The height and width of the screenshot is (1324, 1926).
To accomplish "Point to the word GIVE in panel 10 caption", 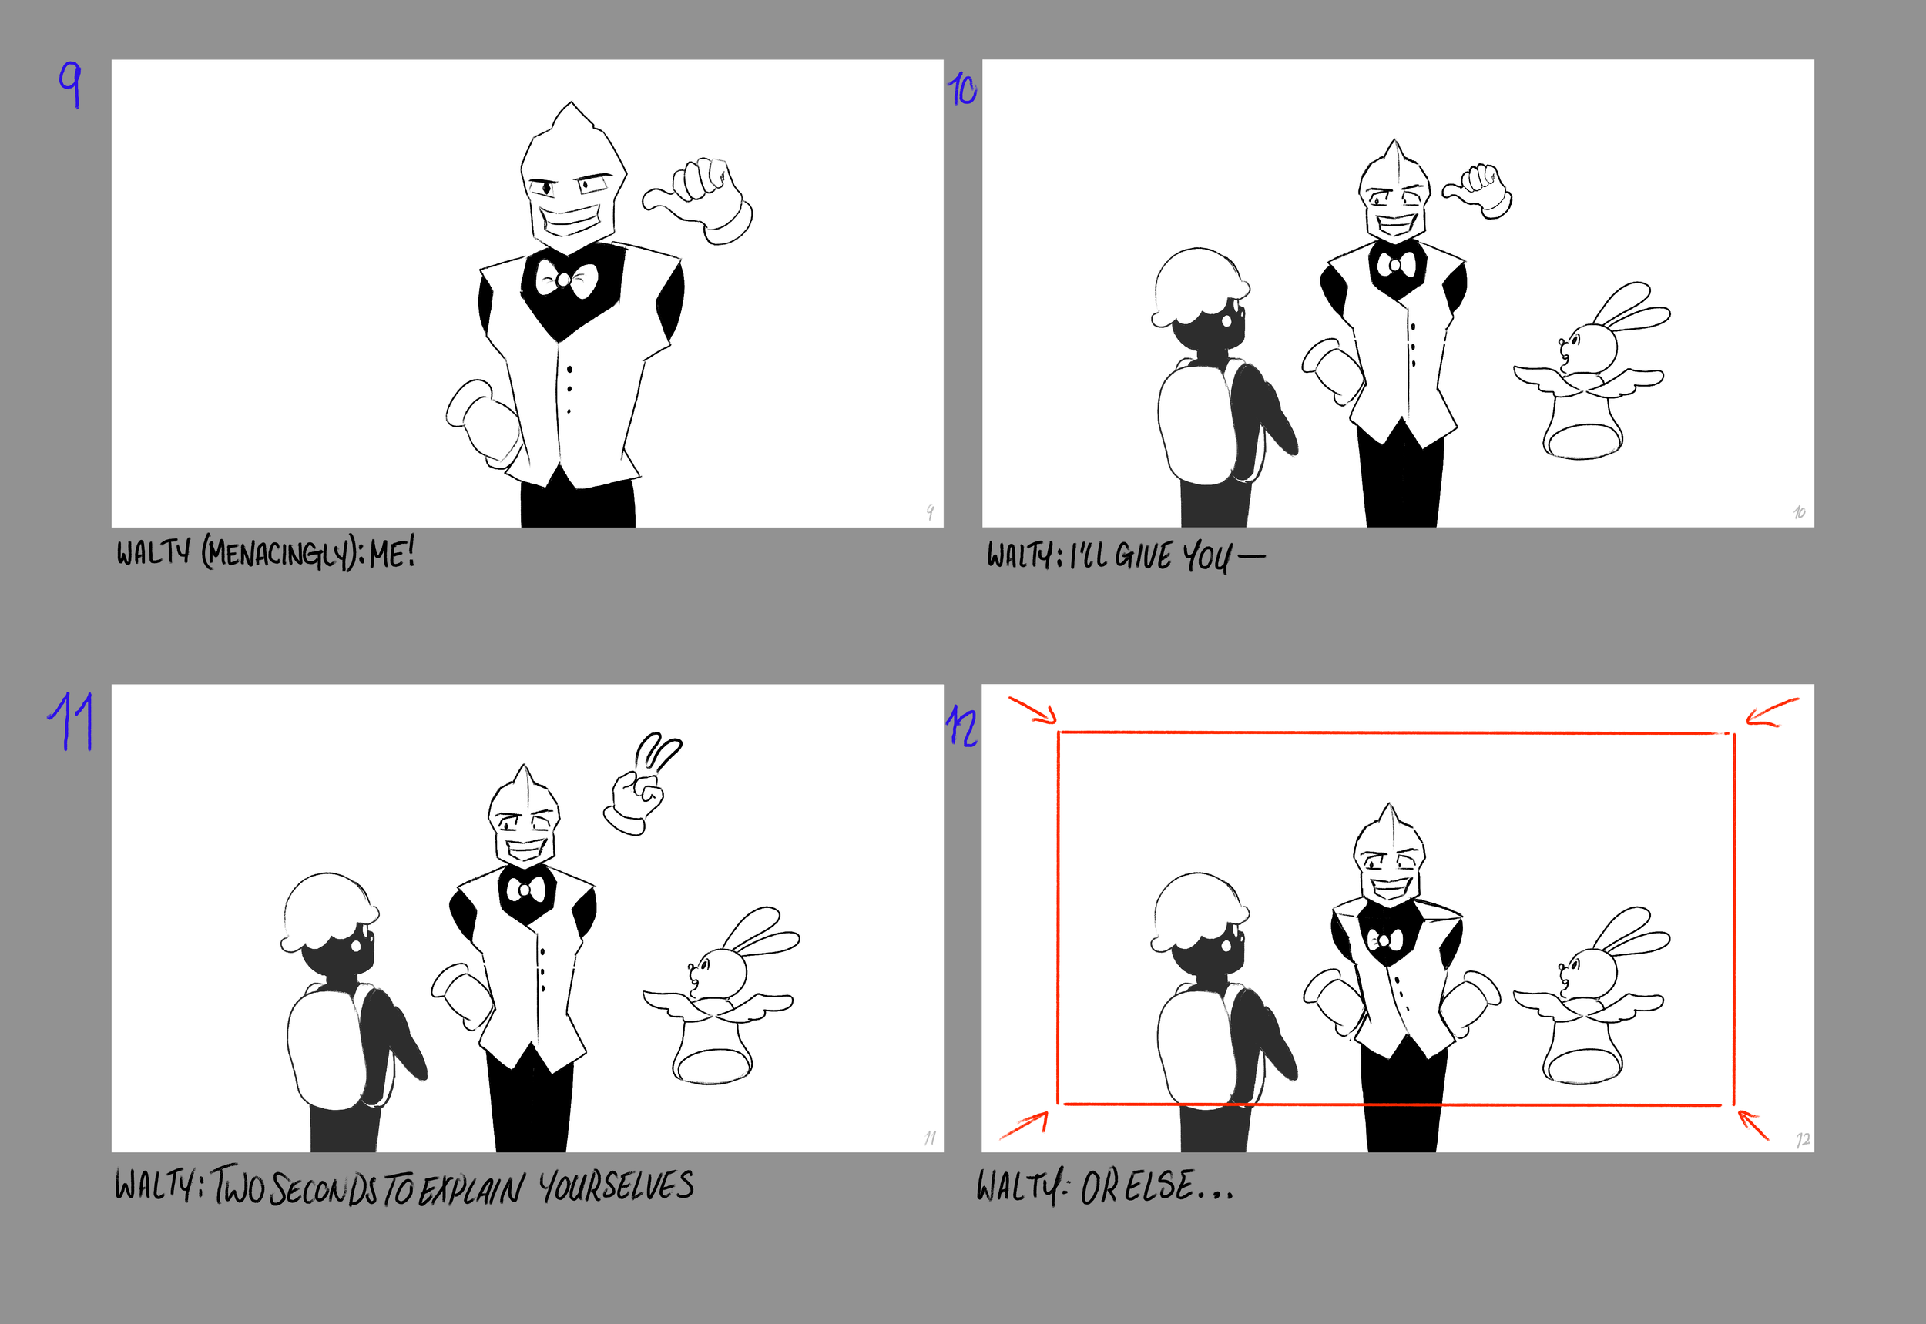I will (x=1143, y=556).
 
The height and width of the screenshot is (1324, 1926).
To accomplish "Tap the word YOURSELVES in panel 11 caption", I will (x=616, y=1186).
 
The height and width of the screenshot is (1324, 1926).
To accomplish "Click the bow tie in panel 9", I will (x=566, y=280).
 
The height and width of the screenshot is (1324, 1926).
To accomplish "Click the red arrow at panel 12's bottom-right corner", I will (x=1753, y=1125).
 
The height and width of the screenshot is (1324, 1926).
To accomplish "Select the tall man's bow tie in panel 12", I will (x=1385, y=940).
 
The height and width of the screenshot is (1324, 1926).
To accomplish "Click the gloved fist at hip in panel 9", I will (x=484, y=419).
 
